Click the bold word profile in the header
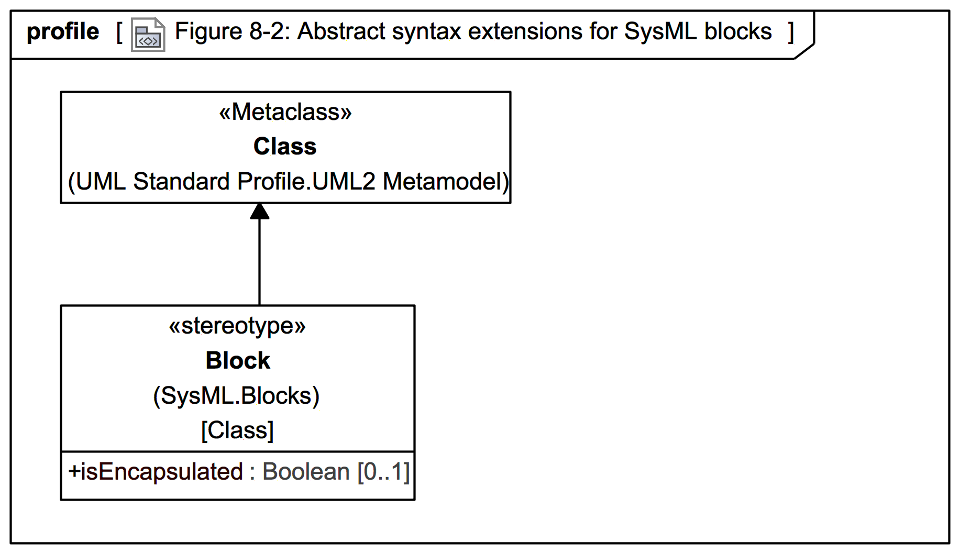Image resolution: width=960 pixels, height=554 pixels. [63, 32]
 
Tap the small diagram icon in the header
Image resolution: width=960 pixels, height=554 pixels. [148, 35]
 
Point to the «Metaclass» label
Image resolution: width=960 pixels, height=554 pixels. [285, 112]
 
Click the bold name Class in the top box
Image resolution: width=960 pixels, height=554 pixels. [285, 147]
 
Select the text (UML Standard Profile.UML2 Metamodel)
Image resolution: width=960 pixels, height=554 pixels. [289, 182]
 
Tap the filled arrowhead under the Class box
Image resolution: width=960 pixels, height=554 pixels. [260, 211]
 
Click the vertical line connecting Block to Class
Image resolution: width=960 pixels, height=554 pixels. [260, 262]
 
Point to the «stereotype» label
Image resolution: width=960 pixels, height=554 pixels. [237, 326]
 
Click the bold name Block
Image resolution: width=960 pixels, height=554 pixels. [238, 361]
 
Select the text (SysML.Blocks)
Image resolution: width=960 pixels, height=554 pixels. [236, 396]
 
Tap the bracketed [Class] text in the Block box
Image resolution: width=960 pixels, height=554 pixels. [237, 430]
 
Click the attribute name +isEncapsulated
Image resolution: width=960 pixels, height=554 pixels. [156, 472]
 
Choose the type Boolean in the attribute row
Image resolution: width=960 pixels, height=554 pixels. [306, 472]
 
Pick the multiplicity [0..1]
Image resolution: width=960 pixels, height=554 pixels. [383, 472]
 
